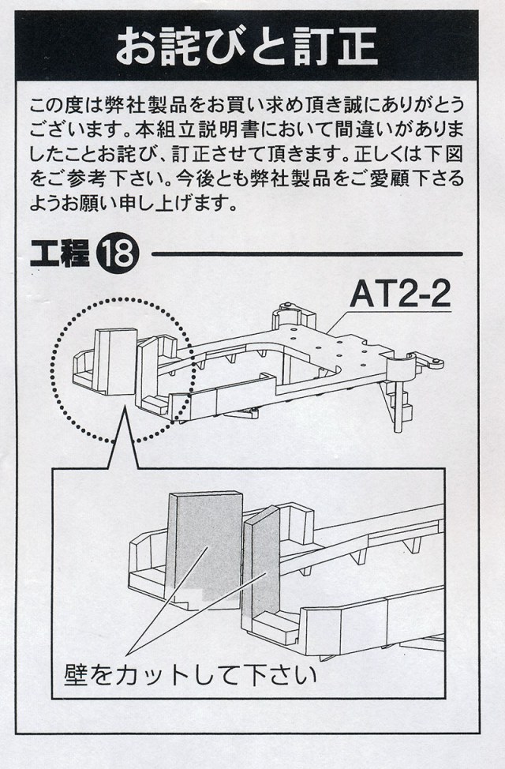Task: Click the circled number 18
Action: [118, 255]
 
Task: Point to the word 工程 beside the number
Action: [59, 255]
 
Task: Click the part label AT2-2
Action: [400, 295]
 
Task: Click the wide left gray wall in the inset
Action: [204, 545]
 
